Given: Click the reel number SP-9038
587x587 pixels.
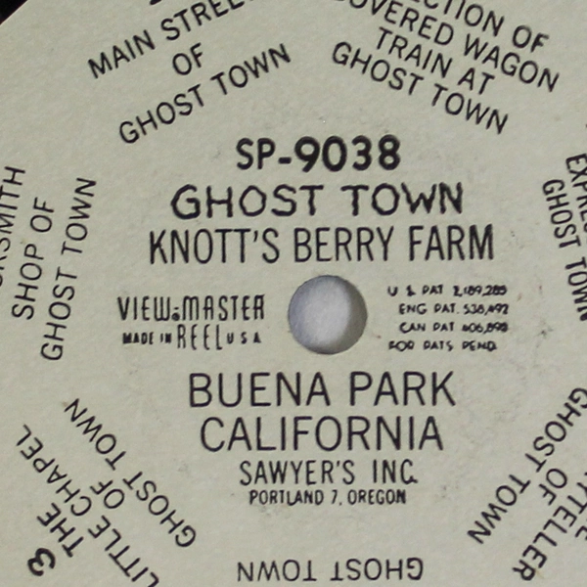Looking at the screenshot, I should click(319, 155).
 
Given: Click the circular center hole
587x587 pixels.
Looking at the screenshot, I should click(328, 313).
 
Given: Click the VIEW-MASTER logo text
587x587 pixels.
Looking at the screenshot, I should click(192, 309).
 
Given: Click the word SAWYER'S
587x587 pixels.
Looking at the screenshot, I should click(285, 474).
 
